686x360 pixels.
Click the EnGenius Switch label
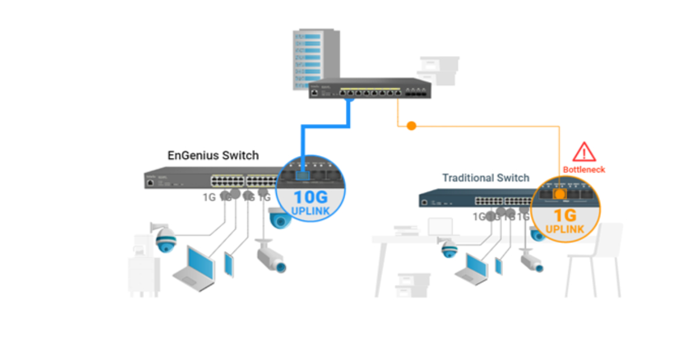pyautogui.click(x=213, y=155)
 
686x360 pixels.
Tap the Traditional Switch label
pyautogui.click(x=485, y=178)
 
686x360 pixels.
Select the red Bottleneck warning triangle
pyautogui.click(x=584, y=152)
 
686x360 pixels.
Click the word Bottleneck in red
pyautogui.click(x=584, y=170)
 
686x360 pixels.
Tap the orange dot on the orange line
pyautogui.click(x=411, y=126)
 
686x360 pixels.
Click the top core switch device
pyautogui.click(x=370, y=89)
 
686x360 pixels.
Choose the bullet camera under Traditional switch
pyautogui.click(x=530, y=259)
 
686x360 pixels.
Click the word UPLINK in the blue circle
pyautogui.click(x=310, y=211)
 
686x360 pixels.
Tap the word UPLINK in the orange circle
pyautogui.click(x=564, y=229)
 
